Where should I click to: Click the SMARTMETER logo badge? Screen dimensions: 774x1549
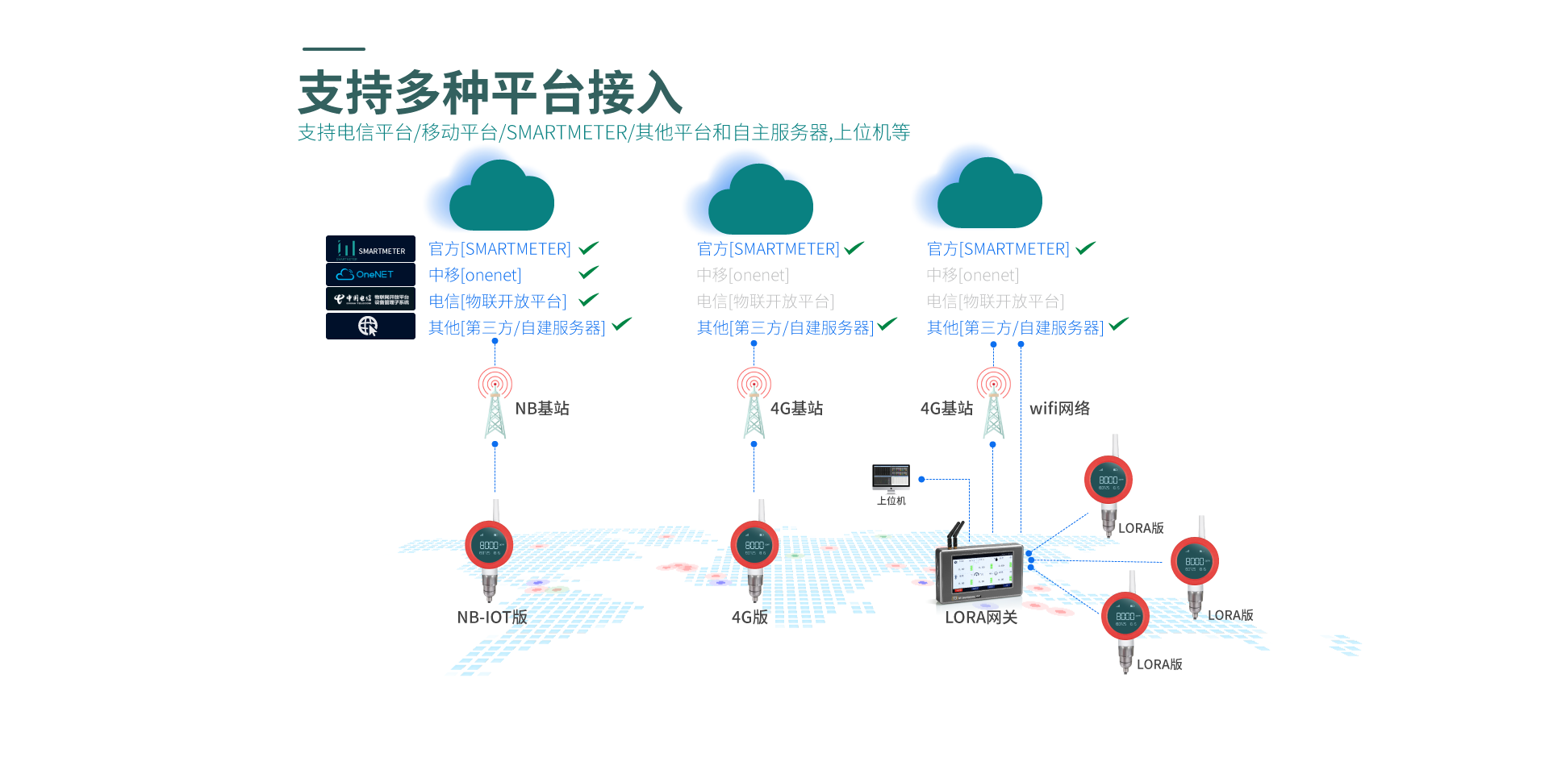tap(370, 248)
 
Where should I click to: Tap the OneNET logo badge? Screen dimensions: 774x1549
tap(370, 274)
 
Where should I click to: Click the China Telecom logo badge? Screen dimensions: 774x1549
tap(370, 299)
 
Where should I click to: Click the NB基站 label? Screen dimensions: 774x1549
tap(542, 409)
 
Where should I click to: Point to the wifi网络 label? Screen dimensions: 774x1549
tap(1059, 409)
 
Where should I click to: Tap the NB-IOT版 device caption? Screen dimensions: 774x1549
tap(492, 618)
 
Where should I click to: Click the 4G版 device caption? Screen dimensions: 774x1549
tap(749, 618)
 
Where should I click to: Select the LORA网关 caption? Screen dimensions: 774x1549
tap(981, 618)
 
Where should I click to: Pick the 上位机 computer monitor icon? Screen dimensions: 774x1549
tap(891, 477)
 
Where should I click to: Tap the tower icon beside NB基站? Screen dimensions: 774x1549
tap(495, 403)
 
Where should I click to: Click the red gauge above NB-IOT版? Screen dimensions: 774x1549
tap(489, 546)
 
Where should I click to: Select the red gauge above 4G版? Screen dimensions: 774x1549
tap(754, 546)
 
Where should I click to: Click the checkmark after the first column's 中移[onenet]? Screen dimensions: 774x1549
tap(589, 273)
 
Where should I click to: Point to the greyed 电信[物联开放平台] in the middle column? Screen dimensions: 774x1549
tap(765, 302)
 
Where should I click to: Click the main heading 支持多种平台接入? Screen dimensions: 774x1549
tap(491, 93)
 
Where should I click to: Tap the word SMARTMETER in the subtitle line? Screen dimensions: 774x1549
tap(566, 133)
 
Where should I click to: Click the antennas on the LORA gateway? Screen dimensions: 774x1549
tap(955, 533)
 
